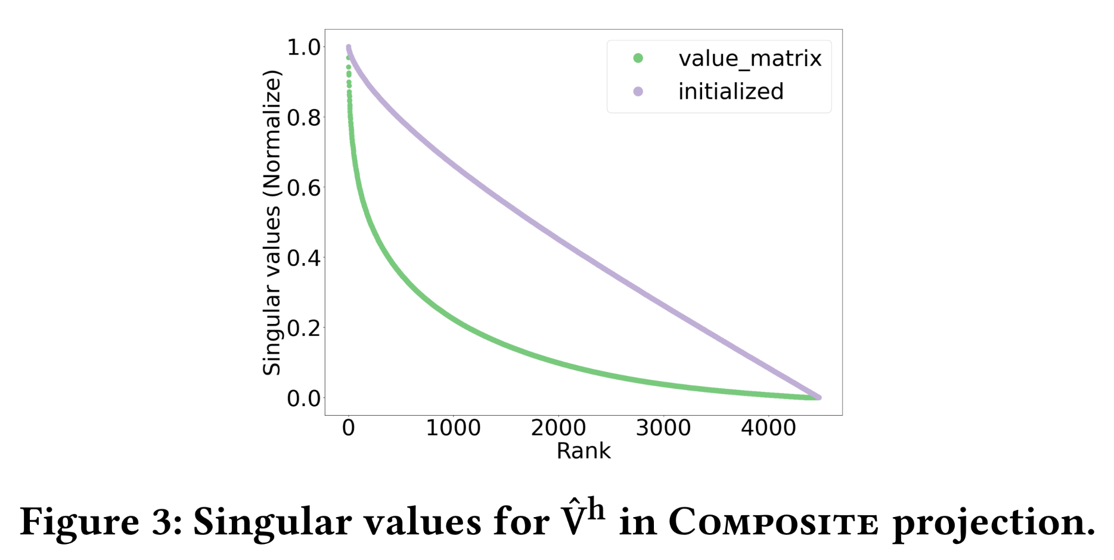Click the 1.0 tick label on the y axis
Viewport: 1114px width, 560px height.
point(303,47)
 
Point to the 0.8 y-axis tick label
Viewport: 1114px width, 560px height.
point(303,117)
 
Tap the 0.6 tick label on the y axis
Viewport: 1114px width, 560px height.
point(303,188)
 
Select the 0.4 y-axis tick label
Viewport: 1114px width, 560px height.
point(303,258)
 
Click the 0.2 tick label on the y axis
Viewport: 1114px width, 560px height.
point(303,327)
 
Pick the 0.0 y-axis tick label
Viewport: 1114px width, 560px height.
point(303,398)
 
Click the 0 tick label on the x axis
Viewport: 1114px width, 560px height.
point(349,428)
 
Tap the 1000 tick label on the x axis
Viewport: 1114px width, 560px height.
point(453,428)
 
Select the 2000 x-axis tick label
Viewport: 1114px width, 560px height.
point(558,428)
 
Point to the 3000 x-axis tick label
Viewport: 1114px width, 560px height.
point(663,428)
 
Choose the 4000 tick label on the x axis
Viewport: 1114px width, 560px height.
point(768,428)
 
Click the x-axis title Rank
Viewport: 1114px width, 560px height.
point(584,451)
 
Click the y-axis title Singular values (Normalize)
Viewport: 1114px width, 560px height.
point(272,222)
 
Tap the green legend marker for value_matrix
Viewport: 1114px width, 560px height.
point(638,58)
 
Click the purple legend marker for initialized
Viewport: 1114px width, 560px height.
point(638,91)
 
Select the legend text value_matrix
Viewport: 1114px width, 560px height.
point(750,58)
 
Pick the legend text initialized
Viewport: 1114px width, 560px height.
point(731,91)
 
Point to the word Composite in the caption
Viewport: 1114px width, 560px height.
point(774,522)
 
